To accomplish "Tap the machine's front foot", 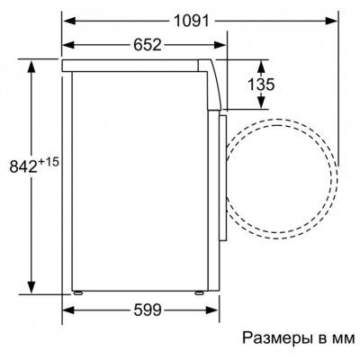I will (x=199, y=292).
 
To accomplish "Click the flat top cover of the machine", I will (x=135, y=66).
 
